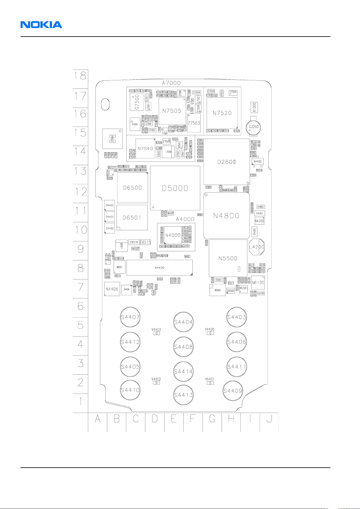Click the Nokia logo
pyautogui.click(x=41, y=24)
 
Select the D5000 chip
pyautogui.click(x=175, y=188)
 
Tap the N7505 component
pyautogui.click(x=172, y=111)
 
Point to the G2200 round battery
pyautogui.click(x=254, y=127)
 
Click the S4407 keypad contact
pyautogui.click(x=130, y=317)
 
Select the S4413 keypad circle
pyautogui.click(x=183, y=395)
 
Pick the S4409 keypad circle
pyautogui.click(x=233, y=391)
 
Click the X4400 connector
pyautogui.click(x=159, y=268)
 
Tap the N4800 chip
pyautogui.click(x=226, y=216)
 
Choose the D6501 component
pyautogui.click(x=132, y=217)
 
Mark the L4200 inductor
pyautogui.click(x=256, y=247)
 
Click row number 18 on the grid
pyautogui.click(x=80, y=76)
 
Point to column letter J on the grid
pyautogui.click(x=269, y=419)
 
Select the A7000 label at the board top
pyautogui.click(x=171, y=83)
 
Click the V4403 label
pyautogui.click(x=156, y=330)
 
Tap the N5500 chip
pyautogui.click(x=228, y=258)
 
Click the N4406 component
pyautogui.click(x=112, y=289)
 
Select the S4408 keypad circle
pyautogui.click(x=183, y=347)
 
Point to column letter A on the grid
pyautogui.click(x=98, y=419)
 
